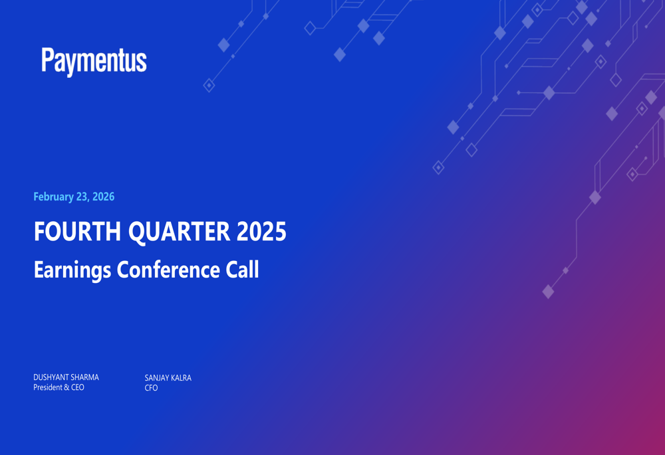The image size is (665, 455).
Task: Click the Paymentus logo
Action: pos(94,61)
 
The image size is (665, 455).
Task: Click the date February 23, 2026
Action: pos(74,197)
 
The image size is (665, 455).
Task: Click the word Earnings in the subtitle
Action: pos(72,270)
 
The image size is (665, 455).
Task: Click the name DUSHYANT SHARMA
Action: pos(66,377)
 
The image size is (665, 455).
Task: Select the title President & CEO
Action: pos(59,387)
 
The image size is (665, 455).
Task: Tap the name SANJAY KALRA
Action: pos(168,378)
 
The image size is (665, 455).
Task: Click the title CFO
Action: pos(151,388)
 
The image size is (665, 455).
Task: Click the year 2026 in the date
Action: pos(103,197)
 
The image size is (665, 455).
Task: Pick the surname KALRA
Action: pos(180,378)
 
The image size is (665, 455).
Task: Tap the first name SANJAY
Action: pos(156,378)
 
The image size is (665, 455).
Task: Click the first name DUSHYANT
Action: pos(50,377)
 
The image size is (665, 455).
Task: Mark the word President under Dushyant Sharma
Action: pos(47,387)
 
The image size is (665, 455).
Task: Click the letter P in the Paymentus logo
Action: pos(47,60)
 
